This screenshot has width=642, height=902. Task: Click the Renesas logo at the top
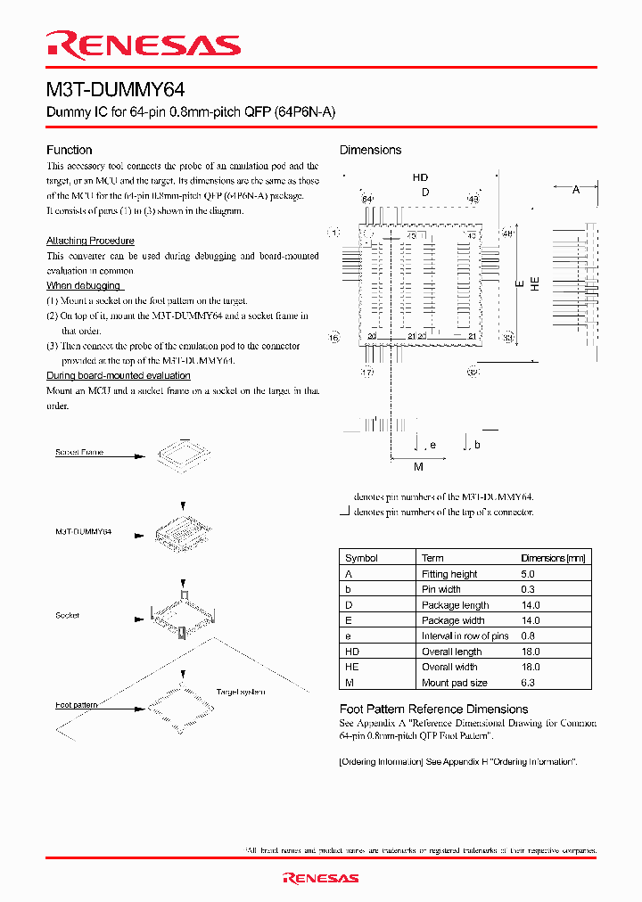[143, 45]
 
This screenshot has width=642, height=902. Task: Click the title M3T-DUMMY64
[116, 90]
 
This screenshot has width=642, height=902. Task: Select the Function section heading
[69, 150]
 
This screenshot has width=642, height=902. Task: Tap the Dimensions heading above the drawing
[370, 150]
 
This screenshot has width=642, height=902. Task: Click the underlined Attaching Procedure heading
[90, 241]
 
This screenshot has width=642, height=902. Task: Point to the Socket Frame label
[79, 452]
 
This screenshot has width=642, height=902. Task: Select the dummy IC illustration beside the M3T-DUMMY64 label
[185, 534]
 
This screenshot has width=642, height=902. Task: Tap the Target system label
[240, 691]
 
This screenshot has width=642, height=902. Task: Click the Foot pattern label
[77, 705]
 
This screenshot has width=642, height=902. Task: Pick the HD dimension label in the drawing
[420, 178]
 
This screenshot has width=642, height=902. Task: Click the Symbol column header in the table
[361, 558]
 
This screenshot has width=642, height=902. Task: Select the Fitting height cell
[449, 574]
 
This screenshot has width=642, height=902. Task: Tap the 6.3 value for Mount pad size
[530, 683]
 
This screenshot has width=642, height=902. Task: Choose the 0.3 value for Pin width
[530, 589]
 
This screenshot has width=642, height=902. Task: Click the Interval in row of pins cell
[465, 636]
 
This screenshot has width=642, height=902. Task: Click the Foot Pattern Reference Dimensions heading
[434, 709]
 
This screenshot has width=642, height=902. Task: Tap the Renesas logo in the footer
[320, 878]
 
